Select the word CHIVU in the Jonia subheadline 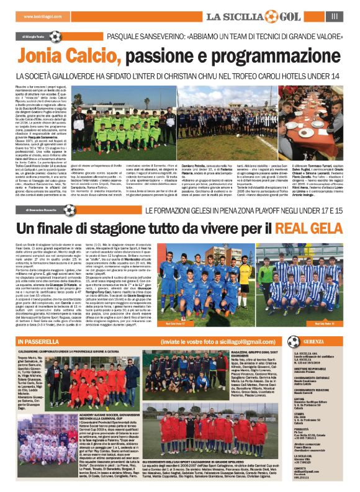coord(215,76)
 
